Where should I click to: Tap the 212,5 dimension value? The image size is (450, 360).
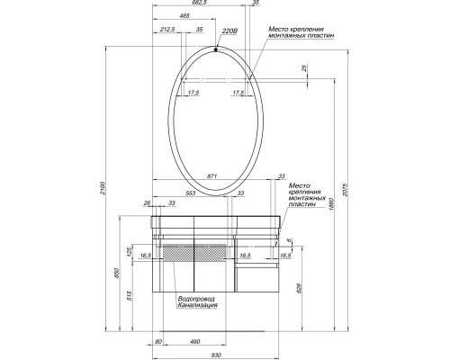[x=166, y=30]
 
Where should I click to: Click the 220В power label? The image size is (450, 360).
[x=229, y=30]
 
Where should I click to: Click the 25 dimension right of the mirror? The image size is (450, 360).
[x=305, y=68]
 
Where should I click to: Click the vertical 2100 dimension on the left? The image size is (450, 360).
[x=104, y=187]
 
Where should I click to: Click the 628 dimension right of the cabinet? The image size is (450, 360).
[x=309, y=287]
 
